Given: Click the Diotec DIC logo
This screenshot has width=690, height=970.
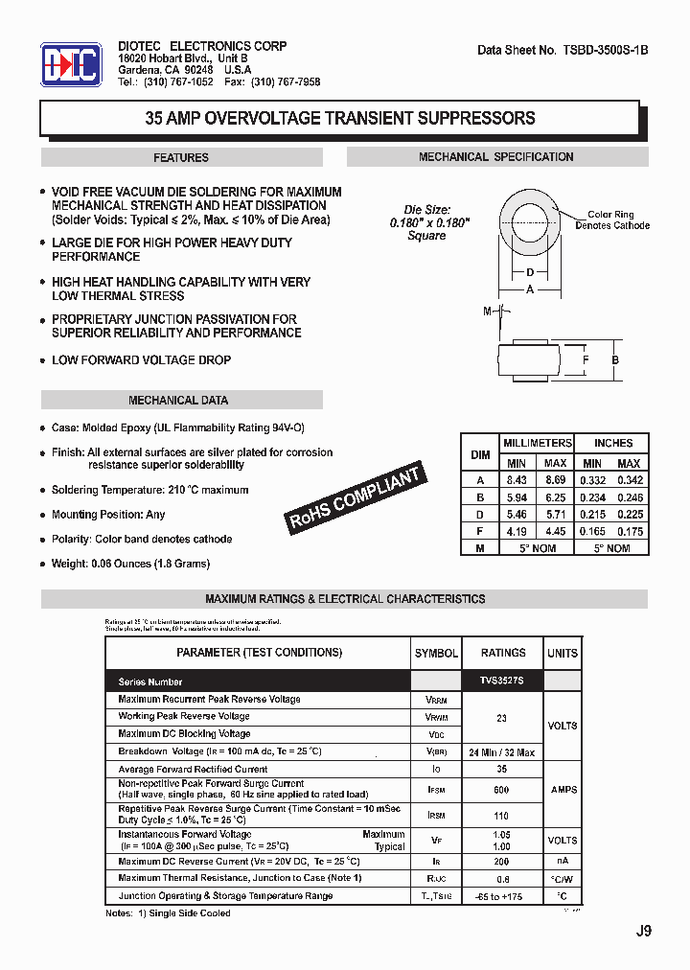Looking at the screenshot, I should [71, 65].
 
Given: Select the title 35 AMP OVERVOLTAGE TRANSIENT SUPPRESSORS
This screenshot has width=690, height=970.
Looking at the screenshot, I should [339, 119].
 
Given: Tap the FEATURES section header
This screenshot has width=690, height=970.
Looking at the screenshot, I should [181, 158].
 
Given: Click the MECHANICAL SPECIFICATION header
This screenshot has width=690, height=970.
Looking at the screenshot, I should [496, 157].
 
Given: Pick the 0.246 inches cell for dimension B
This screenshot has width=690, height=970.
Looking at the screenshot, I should [629, 497].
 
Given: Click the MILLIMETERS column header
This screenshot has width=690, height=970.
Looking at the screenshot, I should [537, 443].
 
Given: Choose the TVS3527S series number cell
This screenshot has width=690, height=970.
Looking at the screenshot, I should [503, 681].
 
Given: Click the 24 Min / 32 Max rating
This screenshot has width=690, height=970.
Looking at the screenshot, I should [503, 752].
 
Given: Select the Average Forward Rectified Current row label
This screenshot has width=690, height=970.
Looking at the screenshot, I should [193, 769].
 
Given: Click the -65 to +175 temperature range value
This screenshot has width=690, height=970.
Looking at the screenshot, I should [503, 896].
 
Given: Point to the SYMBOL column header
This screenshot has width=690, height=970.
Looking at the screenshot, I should [436, 653].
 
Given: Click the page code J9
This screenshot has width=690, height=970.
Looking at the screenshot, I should [643, 931].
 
